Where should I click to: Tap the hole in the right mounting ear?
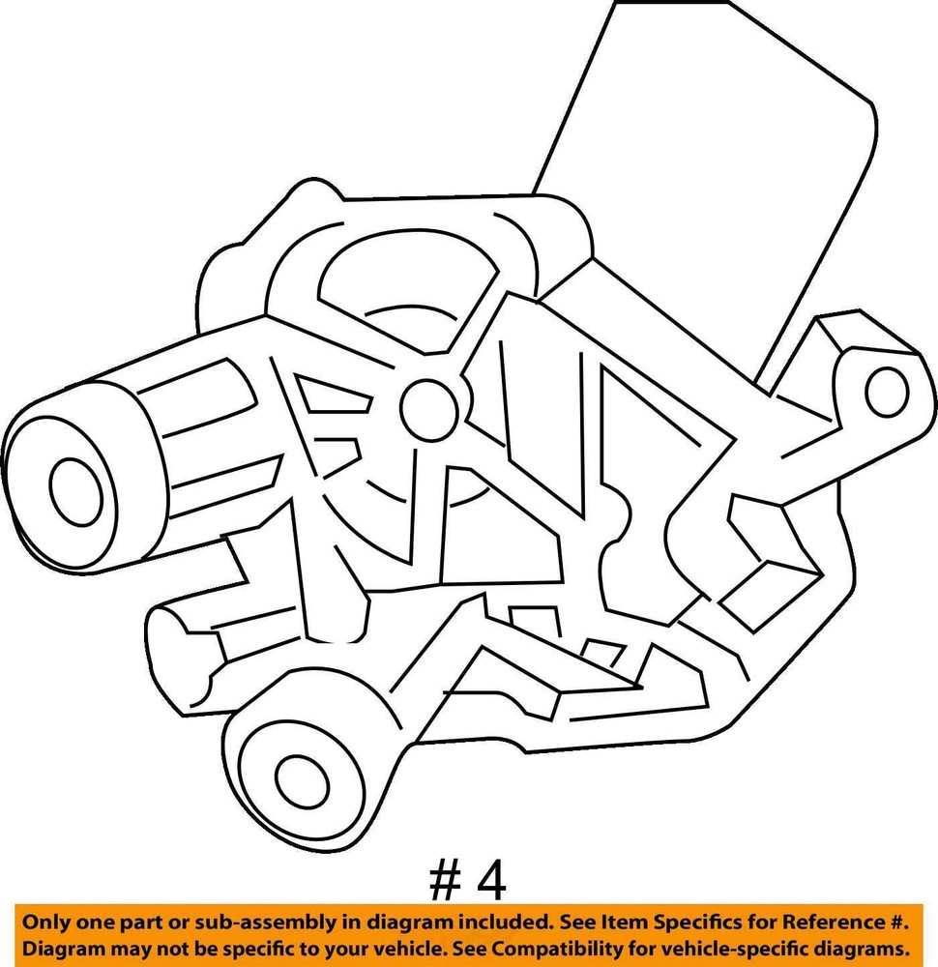(x=887, y=391)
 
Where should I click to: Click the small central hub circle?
(x=428, y=409)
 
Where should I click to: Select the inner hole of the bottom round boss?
(x=302, y=781)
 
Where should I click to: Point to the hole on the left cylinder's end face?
(x=75, y=491)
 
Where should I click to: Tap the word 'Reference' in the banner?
(x=832, y=923)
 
